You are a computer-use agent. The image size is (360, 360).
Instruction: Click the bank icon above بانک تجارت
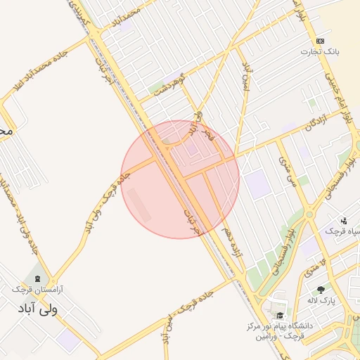(320, 41)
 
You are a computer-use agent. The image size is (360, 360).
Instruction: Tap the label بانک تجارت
(321, 52)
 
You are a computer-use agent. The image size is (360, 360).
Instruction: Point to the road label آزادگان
(298, 126)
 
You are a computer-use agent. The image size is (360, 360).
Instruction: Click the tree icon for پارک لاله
(321, 289)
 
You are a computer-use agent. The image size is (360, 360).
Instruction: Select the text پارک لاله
(321, 301)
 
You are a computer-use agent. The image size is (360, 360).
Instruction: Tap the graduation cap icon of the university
(280, 315)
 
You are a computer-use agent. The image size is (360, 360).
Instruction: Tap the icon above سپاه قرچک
(344, 221)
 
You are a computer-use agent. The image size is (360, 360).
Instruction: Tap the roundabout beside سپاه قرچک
(309, 214)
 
